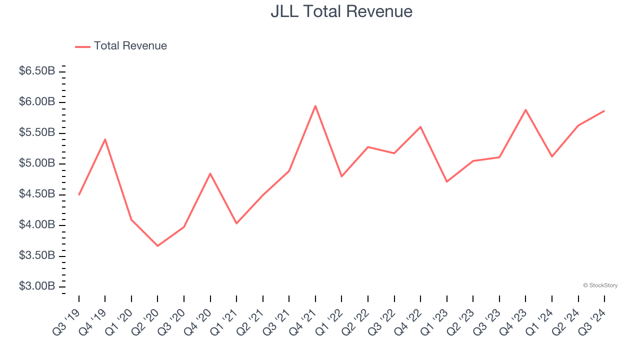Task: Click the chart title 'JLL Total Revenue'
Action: pyautogui.click(x=341, y=11)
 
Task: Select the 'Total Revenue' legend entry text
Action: pyautogui.click(x=130, y=46)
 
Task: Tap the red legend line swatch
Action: pyautogui.click(x=82, y=46)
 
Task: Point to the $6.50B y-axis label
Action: pyautogui.click(x=37, y=71)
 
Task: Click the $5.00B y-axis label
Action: pyautogui.click(x=37, y=163)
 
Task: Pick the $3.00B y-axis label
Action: pyautogui.click(x=37, y=286)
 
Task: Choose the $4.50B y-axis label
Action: pyautogui.click(x=37, y=194)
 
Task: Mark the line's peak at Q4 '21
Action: pyautogui.click(x=315, y=105)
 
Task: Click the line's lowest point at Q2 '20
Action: pyautogui.click(x=157, y=246)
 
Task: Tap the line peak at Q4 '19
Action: pyautogui.click(x=105, y=139)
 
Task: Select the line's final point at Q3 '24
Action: pyautogui.click(x=604, y=110)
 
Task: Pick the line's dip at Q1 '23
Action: pyautogui.click(x=446, y=181)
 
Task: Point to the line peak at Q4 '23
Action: pyautogui.click(x=525, y=109)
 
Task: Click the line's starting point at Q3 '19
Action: pyautogui.click(x=79, y=194)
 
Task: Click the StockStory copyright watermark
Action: pyautogui.click(x=600, y=285)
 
